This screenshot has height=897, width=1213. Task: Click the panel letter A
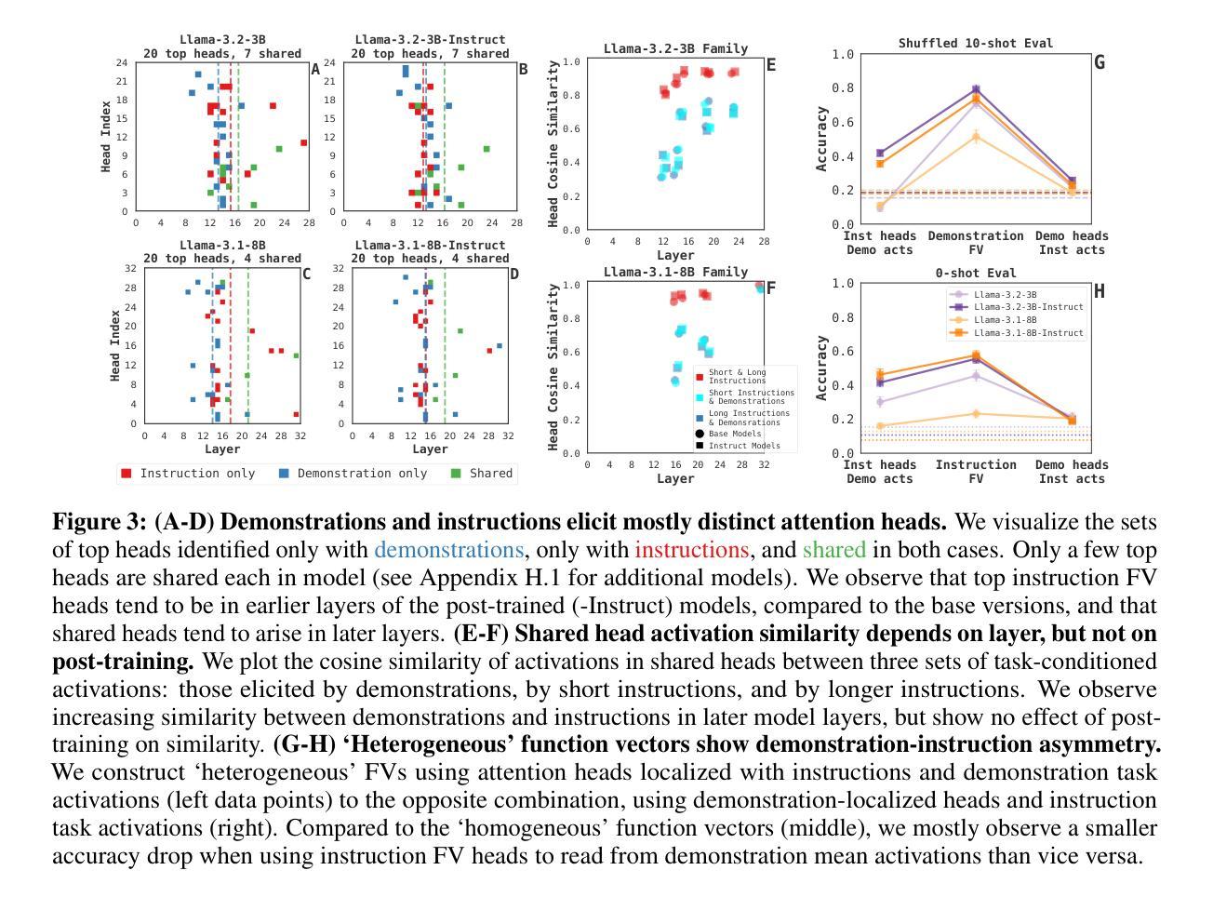(315, 70)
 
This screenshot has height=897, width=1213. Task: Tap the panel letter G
(1100, 63)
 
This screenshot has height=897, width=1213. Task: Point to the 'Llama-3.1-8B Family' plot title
(675, 272)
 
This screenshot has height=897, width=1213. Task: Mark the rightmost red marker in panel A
(304, 142)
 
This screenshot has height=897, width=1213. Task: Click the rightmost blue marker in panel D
(500, 345)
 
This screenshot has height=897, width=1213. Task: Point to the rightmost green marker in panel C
(297, 355)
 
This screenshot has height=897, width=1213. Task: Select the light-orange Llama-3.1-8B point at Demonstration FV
(976, 137)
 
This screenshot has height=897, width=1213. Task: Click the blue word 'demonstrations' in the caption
(448, 550)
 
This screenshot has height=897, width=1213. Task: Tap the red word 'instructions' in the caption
(691, 550)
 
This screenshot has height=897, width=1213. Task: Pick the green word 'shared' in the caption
(833, 550)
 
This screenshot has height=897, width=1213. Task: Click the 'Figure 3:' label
(100, 522)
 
